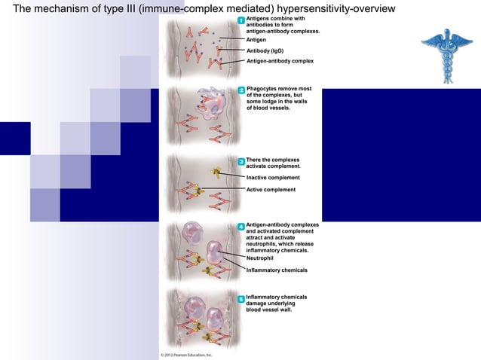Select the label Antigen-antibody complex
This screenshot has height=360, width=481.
280,60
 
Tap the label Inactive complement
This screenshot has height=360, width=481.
273,178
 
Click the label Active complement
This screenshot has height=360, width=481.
271,190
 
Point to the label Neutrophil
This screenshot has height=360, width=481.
261,258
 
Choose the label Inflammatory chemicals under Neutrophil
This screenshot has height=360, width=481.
277,270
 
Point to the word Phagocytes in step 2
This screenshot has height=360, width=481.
262,89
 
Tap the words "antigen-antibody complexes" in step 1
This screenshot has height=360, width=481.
283,32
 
